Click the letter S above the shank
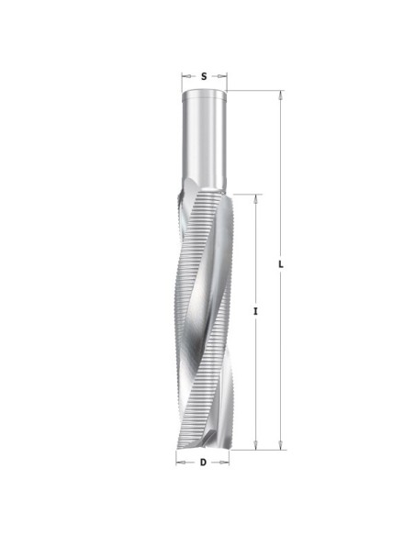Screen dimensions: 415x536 point(204,76)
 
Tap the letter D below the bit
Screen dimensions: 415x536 point(203,463)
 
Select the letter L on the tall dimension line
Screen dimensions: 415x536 point(281,264)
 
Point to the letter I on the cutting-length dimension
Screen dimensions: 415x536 point(255,311)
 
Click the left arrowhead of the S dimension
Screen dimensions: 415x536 point(186,76)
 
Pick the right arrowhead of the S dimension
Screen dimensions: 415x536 point(222,76)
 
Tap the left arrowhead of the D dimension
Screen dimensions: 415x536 point(181,463)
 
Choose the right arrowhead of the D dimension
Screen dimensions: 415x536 point(224,463)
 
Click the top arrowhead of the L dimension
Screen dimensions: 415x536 point(281,95)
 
